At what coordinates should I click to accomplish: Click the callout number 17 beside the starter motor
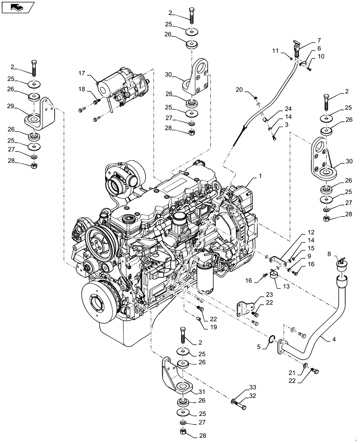(82, 73)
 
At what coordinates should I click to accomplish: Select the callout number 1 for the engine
(260, 175)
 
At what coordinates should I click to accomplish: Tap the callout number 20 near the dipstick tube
(239, 90)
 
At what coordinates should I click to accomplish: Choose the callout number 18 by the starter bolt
(82, 89)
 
